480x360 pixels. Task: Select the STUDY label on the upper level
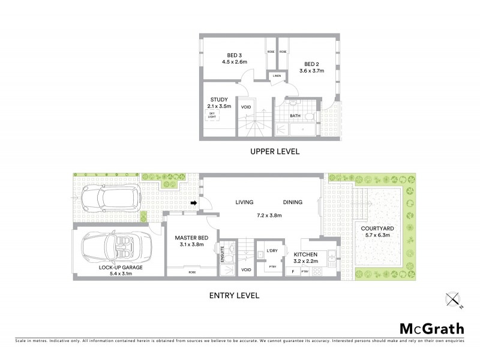(x=218, y=100)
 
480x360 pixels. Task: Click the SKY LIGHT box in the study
(x=212, y=115)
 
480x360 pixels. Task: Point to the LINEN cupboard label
(x=277, y=76)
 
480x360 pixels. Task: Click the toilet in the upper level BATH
(x=308, y=116)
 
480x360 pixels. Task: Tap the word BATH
(x=295, y=116)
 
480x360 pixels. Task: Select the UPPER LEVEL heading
(x=274, y=152)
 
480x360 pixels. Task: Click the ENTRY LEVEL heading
(x=233, y=295)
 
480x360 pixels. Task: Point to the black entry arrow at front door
(x=194, y=203)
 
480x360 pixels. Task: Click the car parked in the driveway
(x=110, y=196)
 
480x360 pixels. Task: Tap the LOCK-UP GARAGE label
(x=121, y=268)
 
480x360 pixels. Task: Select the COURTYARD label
(x=376, y=228)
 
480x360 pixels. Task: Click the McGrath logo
(x=431, y=328)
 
